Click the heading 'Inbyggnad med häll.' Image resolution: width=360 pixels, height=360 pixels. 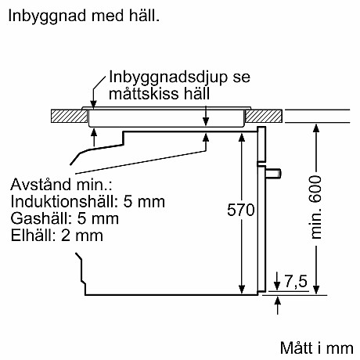[x=81, y=15]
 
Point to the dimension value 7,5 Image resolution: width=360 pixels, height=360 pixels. [x=296, y=279]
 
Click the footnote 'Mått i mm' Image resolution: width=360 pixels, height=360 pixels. [x=318, y=347]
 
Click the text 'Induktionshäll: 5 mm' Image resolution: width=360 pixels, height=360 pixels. [x=88, y=202]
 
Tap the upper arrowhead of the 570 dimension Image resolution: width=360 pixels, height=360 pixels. [x=240, y=135]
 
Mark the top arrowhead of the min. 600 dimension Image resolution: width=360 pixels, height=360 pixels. [x=315, y=127]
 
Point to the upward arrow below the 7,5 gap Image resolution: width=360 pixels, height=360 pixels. [x=279, y=303]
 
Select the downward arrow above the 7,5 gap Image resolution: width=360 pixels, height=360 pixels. [x=279, y=283]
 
